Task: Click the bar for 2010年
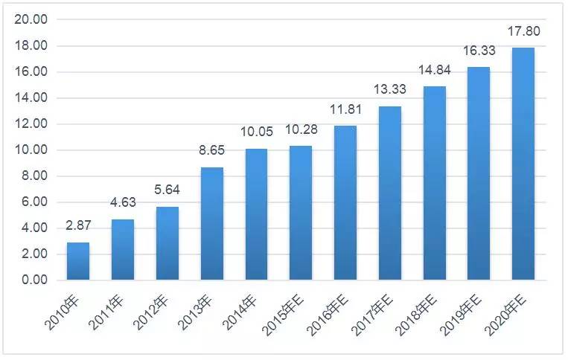78,261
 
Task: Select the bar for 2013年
212,224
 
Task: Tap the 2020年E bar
523,164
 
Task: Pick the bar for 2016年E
345,202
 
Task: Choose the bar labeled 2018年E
434,183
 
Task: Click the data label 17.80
523,31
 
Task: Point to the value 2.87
78,225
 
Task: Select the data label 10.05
257,132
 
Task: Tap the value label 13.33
390,89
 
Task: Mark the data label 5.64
167,190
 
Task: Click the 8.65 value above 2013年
211,150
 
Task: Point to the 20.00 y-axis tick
31,19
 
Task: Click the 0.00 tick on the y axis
35,280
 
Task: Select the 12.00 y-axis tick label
31,123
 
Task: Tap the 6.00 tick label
35,202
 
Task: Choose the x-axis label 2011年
106,312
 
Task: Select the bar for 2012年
167,243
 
